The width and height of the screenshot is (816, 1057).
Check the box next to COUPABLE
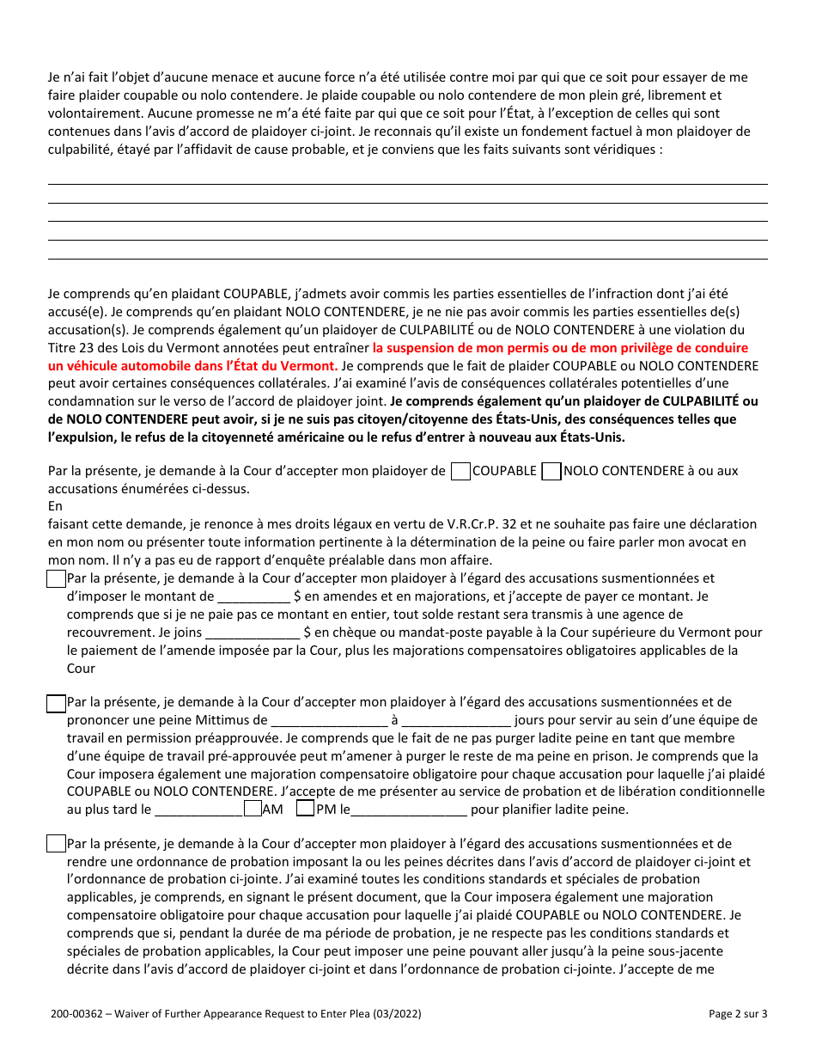coord(460,471)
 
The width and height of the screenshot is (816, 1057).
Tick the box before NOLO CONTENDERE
coord(551,471)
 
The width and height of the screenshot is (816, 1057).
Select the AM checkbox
coord(253,809)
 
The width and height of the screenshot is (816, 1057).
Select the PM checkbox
coord(304,809)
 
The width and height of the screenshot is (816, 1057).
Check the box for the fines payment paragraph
coord(56,579)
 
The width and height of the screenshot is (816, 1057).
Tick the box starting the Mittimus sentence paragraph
coord(56,703)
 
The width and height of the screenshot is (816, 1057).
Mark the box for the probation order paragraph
coord(56,844)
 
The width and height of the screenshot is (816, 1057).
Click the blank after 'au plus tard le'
coord(198,810)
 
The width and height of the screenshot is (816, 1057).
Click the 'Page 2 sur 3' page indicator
coord(738,1014)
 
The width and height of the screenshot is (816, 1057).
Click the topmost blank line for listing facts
coord(407,183)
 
